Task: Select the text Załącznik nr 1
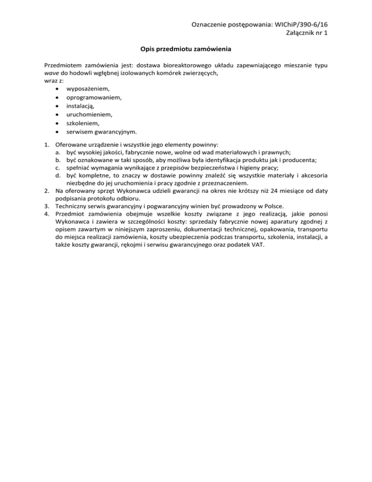coord(305,33)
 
